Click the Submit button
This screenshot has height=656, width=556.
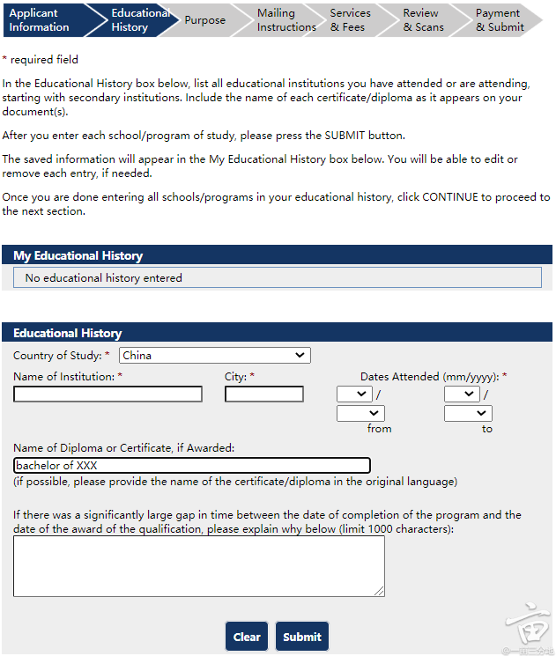pos(302,637)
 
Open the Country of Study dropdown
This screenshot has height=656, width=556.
pos(215,356)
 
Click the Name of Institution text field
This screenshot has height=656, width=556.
pos(107,394)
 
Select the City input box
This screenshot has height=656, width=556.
pos(263,394)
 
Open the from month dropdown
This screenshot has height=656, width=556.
pos(354,394)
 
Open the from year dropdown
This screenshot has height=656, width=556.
pos(360,413)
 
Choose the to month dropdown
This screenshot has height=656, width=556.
pos(462,394)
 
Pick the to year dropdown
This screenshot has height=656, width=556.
pos(468,413)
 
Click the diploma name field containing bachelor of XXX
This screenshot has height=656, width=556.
pos(192,466)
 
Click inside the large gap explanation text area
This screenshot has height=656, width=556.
pos(199,566)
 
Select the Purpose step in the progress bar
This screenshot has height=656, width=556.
pos(205,20)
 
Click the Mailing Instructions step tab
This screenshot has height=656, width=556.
pos(285,20)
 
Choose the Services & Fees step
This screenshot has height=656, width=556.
pos(351,20)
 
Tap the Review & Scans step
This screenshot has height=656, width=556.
pos(423,20)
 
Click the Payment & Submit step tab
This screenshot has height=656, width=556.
pos(500,20)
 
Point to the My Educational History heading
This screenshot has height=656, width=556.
pos(78,255)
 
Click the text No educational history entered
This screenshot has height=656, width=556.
pos(104,278)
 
